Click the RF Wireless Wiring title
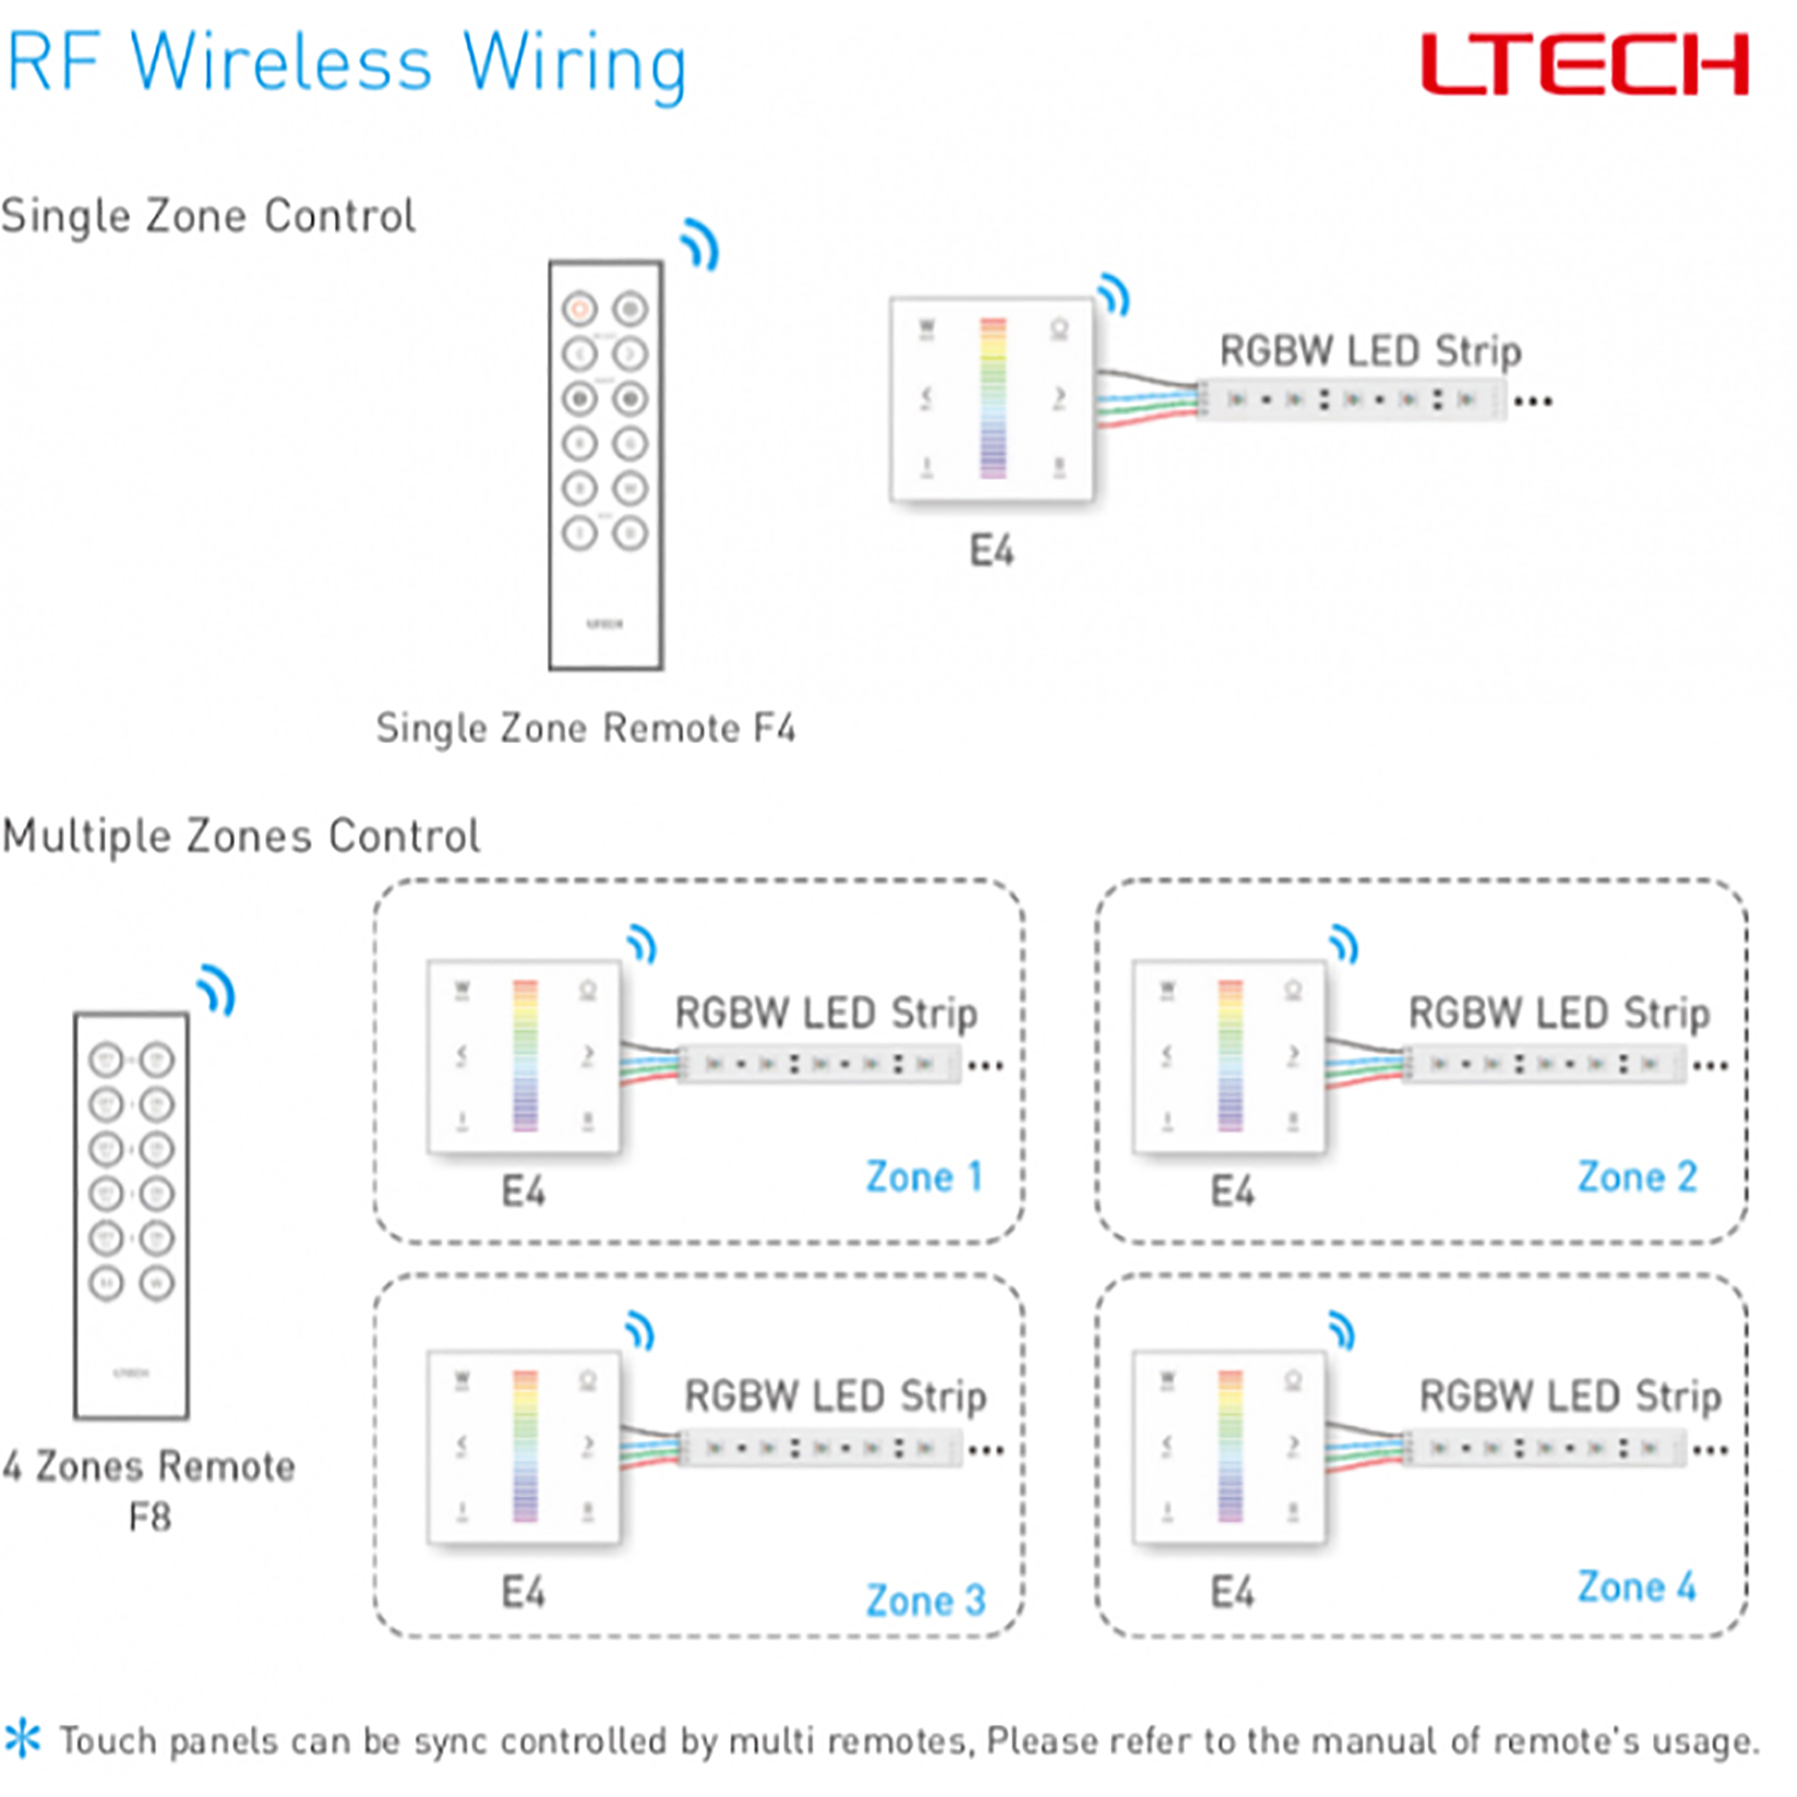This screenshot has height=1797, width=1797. tap(346, 63)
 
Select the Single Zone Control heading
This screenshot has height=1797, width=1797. tap(208, 216)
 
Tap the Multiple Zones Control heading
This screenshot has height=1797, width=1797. tap(241, 836)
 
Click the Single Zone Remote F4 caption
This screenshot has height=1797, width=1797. tap(585, 728)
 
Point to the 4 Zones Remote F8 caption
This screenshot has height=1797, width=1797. tap(149, 1491)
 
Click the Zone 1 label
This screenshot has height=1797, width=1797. tap(924, 1177)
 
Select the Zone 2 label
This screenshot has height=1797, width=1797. tap(1637, 1177)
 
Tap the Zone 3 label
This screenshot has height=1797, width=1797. tap(925, 1600)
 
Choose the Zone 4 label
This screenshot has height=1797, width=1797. tap(1637, 1587)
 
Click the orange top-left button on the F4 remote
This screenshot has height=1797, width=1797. tap(580, 308)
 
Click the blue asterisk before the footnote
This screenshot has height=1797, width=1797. tap(22, 1739)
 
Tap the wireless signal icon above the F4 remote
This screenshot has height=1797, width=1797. tap(701, 244)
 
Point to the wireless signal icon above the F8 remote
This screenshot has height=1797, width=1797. tap(217, 990)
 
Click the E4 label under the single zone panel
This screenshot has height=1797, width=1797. tap(992, 551)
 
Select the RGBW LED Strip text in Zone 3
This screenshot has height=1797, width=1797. tap(835, 1396)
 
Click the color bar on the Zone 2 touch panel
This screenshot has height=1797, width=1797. tap(1231, 1055)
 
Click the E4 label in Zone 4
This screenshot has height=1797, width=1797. tap(1232, 1592)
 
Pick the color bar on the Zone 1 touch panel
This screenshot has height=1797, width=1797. tap(526, 1055)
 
